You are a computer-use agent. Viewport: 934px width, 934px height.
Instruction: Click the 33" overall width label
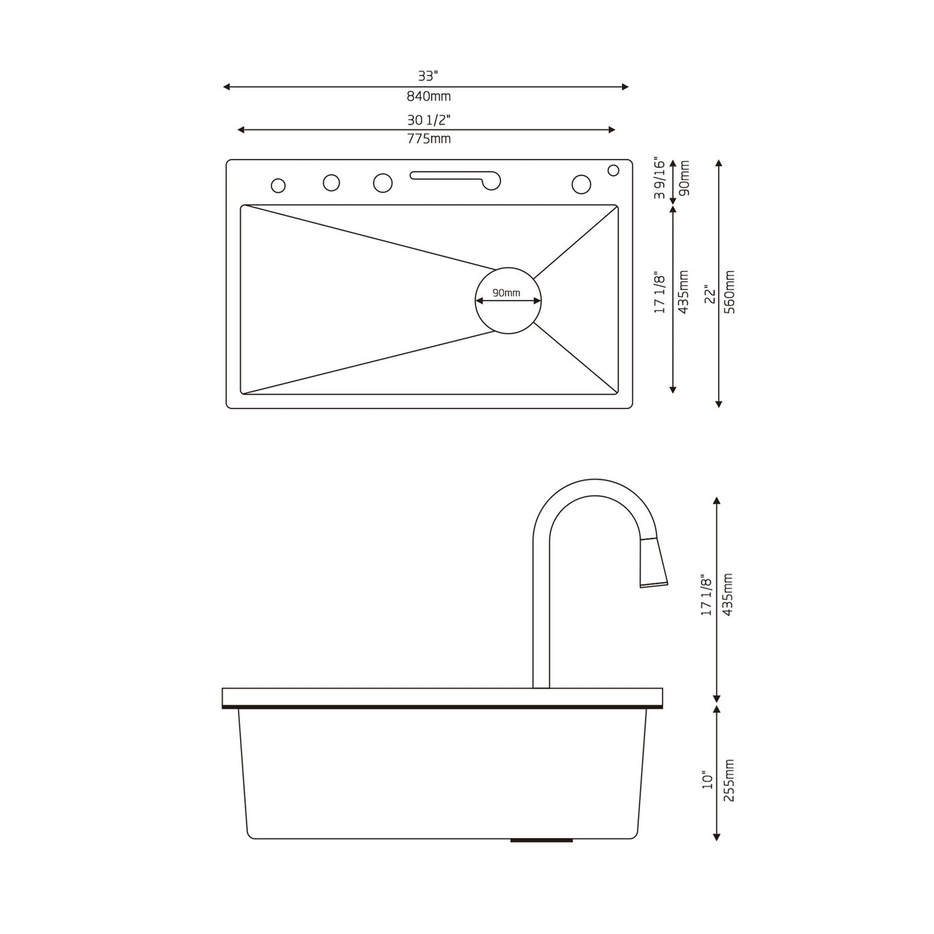(428, 76)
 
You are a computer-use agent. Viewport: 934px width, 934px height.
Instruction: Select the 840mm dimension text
(428, 97)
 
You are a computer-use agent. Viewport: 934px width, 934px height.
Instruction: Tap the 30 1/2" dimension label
(428, 120)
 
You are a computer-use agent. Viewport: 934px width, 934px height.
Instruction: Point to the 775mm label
(428, 139)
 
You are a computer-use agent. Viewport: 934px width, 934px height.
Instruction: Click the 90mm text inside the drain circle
(506, 293)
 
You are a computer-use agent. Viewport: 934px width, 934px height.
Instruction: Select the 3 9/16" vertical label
(660, 179)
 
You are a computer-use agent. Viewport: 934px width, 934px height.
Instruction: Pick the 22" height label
(710, 294)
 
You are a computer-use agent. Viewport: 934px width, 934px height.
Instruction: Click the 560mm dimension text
(729, 293)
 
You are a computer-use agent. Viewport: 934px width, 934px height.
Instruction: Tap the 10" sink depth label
(708, 780)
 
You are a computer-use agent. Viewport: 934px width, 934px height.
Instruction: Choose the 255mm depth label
(729, 780)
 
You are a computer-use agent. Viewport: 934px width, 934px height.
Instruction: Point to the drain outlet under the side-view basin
(541, 841)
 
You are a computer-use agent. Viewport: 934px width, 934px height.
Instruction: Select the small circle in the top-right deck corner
(613, 170)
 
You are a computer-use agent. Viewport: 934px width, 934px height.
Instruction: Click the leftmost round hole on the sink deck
(278, 185)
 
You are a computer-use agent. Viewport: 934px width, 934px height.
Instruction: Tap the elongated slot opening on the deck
(454, 177)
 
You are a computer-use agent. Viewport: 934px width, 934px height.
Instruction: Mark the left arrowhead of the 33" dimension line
(227, 87)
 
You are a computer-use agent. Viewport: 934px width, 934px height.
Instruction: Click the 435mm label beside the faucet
(728, 594)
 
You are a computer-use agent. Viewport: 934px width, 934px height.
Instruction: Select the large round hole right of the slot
(581, 184)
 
